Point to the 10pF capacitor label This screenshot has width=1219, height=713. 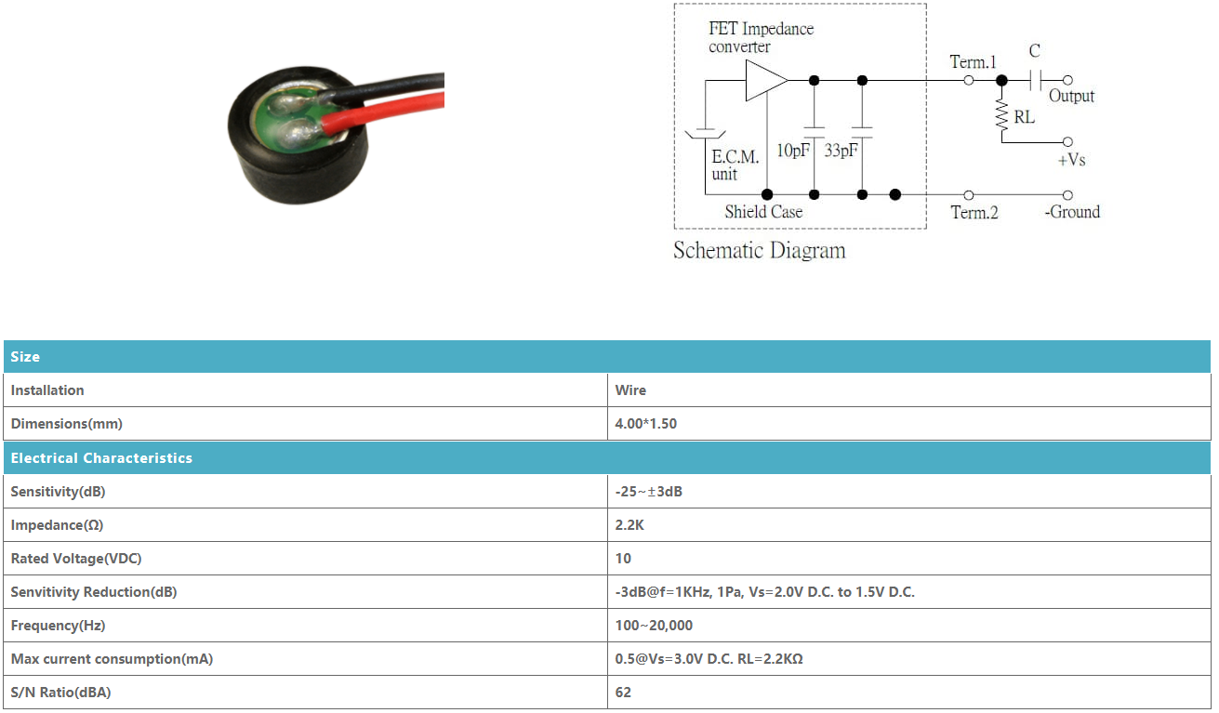click(x=793, y=150)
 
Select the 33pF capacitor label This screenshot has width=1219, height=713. click(x=841, y=150)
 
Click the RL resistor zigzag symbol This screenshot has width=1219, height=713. click(x=1001, y=115)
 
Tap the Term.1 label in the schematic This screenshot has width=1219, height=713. click(x=973, y=62)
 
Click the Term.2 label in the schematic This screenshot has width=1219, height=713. click(x=974, y=212)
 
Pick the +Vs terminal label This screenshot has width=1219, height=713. click(x=1071, y=160)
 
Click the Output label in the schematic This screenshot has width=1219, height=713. click(x=1071, y=97)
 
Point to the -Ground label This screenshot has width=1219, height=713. click(x=1072, y=212)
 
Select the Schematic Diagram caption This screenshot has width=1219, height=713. click(x=760, y=251)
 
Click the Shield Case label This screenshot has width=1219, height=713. click(x=763, y=212)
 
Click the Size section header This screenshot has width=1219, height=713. click(x=25, y=357)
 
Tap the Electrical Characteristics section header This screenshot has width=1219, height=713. click(x=101, y=458)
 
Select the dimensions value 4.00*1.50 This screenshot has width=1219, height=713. click(x=646, y=424)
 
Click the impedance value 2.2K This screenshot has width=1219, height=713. click(x=629, y=525)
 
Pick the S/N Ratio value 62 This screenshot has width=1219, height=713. click(x=623, y=693)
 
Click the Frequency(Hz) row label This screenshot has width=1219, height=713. click(x=58, y=626)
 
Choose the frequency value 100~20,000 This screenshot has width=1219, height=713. click(x=654, y=626)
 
